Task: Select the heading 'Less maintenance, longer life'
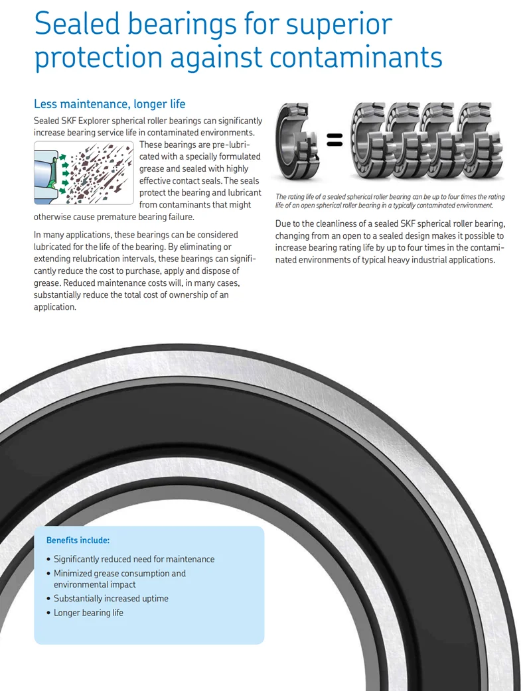(110, 104)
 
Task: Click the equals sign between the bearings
(335, 140)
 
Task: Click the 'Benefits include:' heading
(78, 540)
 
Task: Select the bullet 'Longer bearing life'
(88, 613)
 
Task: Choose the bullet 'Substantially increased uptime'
(111, 598)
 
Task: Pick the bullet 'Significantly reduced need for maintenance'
(134, 559)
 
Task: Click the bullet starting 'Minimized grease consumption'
(119, 574)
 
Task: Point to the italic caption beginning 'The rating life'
(390, 201)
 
